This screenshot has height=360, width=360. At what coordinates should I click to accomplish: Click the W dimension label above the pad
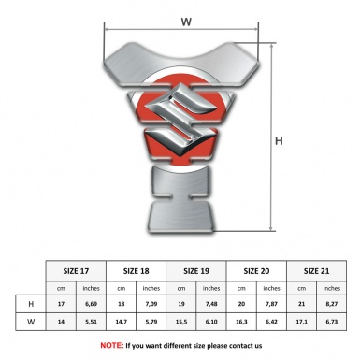(x=186, y=22)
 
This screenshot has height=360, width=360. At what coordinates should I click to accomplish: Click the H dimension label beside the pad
(x=279, y=141)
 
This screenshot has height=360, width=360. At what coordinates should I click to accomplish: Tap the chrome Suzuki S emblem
(x=180, y=120)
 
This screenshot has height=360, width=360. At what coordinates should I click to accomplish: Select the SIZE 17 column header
(x=76, y=271)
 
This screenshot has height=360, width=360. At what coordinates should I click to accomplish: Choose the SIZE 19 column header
(x=196, y=271)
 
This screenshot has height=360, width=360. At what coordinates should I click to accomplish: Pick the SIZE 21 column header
(x=316, y=271)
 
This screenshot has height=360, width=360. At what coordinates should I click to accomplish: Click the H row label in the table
(x=31, y=304)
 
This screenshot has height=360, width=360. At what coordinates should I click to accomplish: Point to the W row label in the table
(x=31, y=322)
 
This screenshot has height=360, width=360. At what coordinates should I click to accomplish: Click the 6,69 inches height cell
(x=91, y=304)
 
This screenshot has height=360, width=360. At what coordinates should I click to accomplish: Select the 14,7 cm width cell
(x=121, y=322)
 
